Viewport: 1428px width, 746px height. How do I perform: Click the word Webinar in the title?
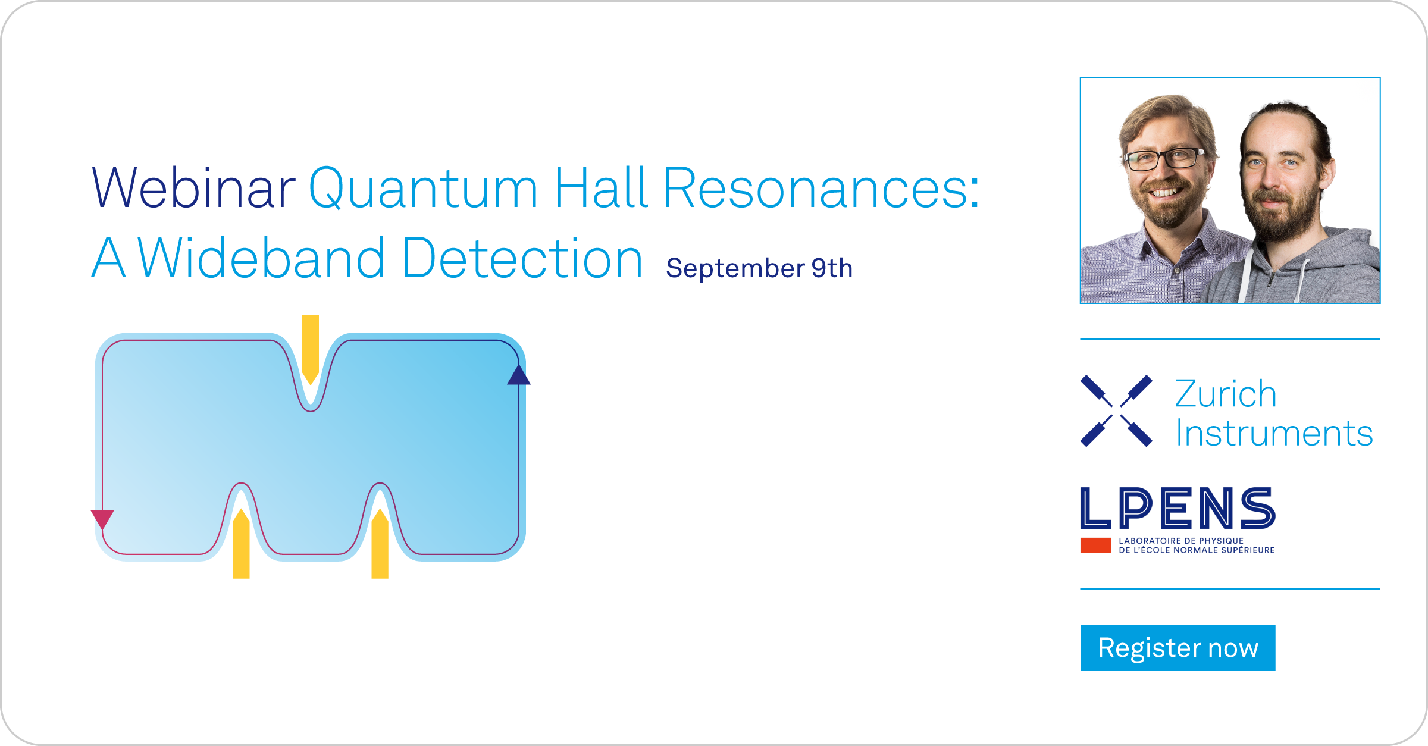[194, 189]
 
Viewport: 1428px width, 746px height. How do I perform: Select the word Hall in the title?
[601, 189]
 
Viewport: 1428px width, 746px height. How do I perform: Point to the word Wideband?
[262, 259]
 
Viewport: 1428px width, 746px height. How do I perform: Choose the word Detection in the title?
[522, 259]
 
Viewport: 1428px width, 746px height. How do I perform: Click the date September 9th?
[759, 268]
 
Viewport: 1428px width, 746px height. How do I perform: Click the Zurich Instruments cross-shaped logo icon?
[1116, 411]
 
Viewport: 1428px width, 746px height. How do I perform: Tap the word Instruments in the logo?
[1274, 433]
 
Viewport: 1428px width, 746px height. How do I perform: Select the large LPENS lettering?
[1178, 509]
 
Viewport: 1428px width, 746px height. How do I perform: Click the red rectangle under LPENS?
[1095, 546]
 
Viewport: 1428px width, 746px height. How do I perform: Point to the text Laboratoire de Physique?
[1181, 541]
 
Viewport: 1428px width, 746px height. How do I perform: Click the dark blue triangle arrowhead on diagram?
[519, 376]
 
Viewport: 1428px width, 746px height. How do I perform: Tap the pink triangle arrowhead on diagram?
[102, 518]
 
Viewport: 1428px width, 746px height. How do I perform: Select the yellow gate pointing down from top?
[311, 348]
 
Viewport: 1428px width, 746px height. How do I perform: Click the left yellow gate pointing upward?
[241, 544]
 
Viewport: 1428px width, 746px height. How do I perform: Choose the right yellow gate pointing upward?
[380, 544]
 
